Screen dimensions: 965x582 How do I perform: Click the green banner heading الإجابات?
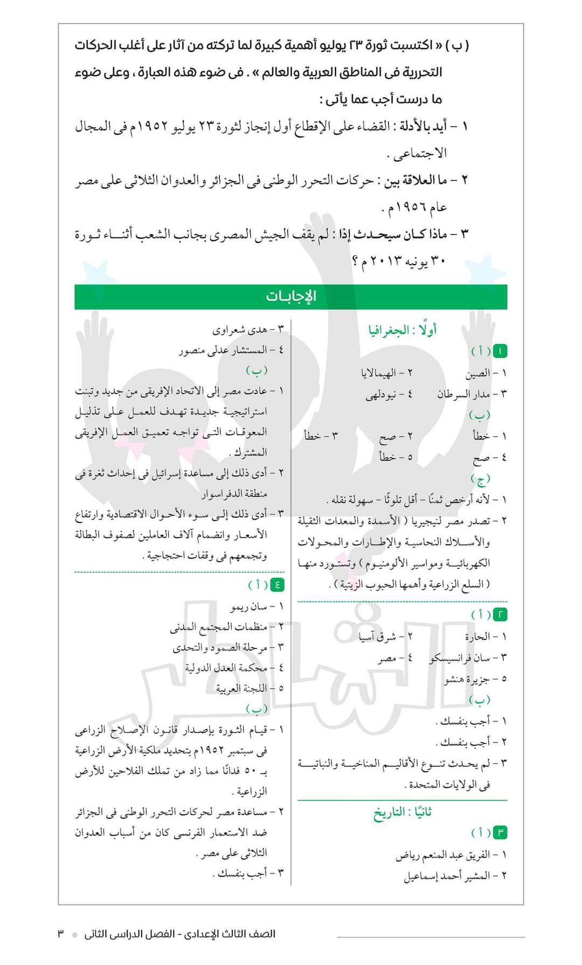click(291, 297)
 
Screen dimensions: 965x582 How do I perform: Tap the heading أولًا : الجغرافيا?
click(403, 330)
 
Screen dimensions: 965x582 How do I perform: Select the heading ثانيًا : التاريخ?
click(403, 812)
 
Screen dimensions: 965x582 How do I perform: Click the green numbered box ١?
click(501, 351)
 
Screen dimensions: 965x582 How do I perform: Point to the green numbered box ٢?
click(501, 614)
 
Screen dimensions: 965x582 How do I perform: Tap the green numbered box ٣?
click(501, 832)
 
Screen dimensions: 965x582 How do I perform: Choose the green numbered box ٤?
click(277, 584)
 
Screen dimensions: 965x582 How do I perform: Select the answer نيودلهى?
click(382, 394)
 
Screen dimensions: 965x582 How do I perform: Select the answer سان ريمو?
click(249, 606)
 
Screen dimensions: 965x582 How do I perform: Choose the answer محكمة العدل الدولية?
click(226, 668)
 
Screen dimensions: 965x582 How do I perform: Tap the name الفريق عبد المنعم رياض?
click(442, 854)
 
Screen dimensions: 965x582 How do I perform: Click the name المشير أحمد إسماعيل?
click(447, 876)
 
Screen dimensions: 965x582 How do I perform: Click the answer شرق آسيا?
click(378, 637)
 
